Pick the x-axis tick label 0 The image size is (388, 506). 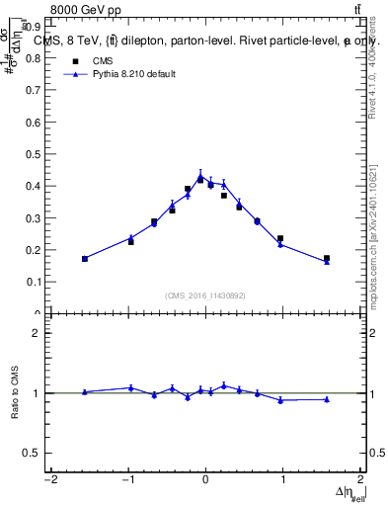click(x=205, y=480)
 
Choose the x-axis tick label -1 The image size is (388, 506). click(x=127, y=480)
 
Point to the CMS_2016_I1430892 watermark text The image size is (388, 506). click(x=205, y=295)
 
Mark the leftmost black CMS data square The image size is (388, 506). click(x=85, y=259)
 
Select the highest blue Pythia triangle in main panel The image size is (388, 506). click(x=200, y=177)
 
